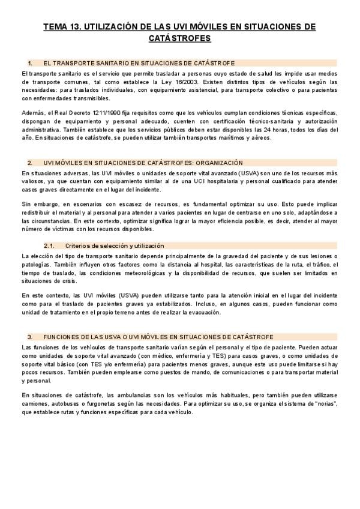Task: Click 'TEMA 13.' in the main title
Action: pyautogui.click(x=62, y=27)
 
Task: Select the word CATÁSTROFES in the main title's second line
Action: pyautogui.click(x=179, y=38)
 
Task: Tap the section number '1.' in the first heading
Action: pyautogui.click(x=30, y=62)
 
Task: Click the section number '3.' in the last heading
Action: pyautogui.click(x=30, y=337)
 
